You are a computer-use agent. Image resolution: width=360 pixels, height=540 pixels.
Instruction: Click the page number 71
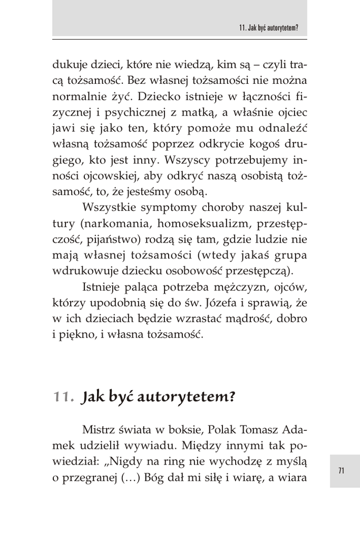[x=341, y=471]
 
